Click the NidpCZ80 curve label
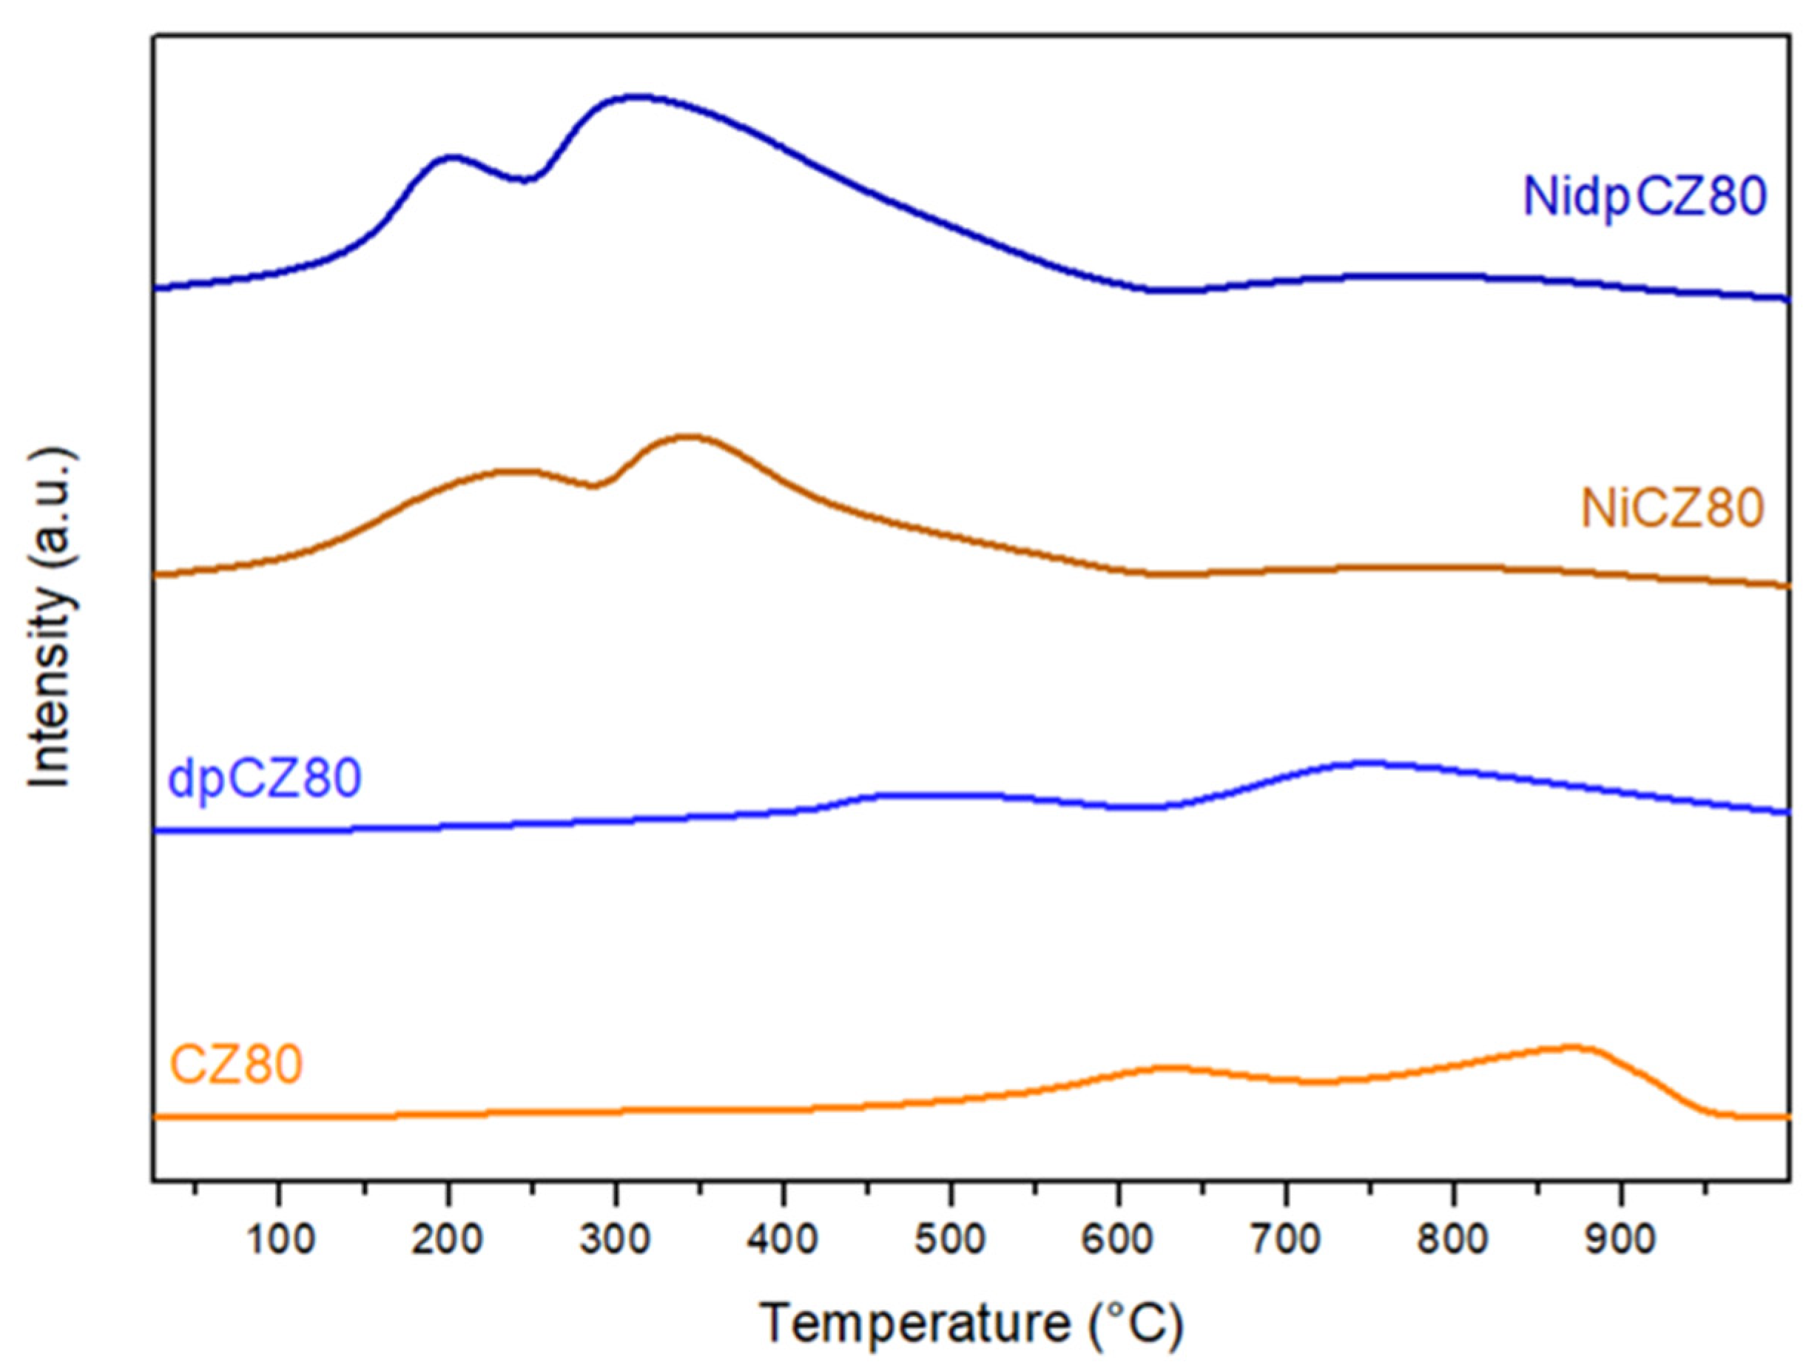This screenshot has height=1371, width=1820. pos(1644,198)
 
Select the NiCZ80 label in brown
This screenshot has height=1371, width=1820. pos(1672,509)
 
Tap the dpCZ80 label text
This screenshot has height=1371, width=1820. pos(264,778)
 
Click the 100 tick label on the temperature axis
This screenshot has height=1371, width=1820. pos(280,1240)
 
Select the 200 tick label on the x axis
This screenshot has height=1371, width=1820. pos(448,1240)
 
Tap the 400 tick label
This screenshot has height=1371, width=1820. pos(783,1240)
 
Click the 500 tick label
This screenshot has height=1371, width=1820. pos(951,1240)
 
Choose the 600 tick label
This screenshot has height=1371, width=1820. pos(1119,1240)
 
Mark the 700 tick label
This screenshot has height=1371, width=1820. pos(1287,1240)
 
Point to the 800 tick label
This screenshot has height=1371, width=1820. pos(1455,1240)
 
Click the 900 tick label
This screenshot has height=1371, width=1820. pos(1622,1240)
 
